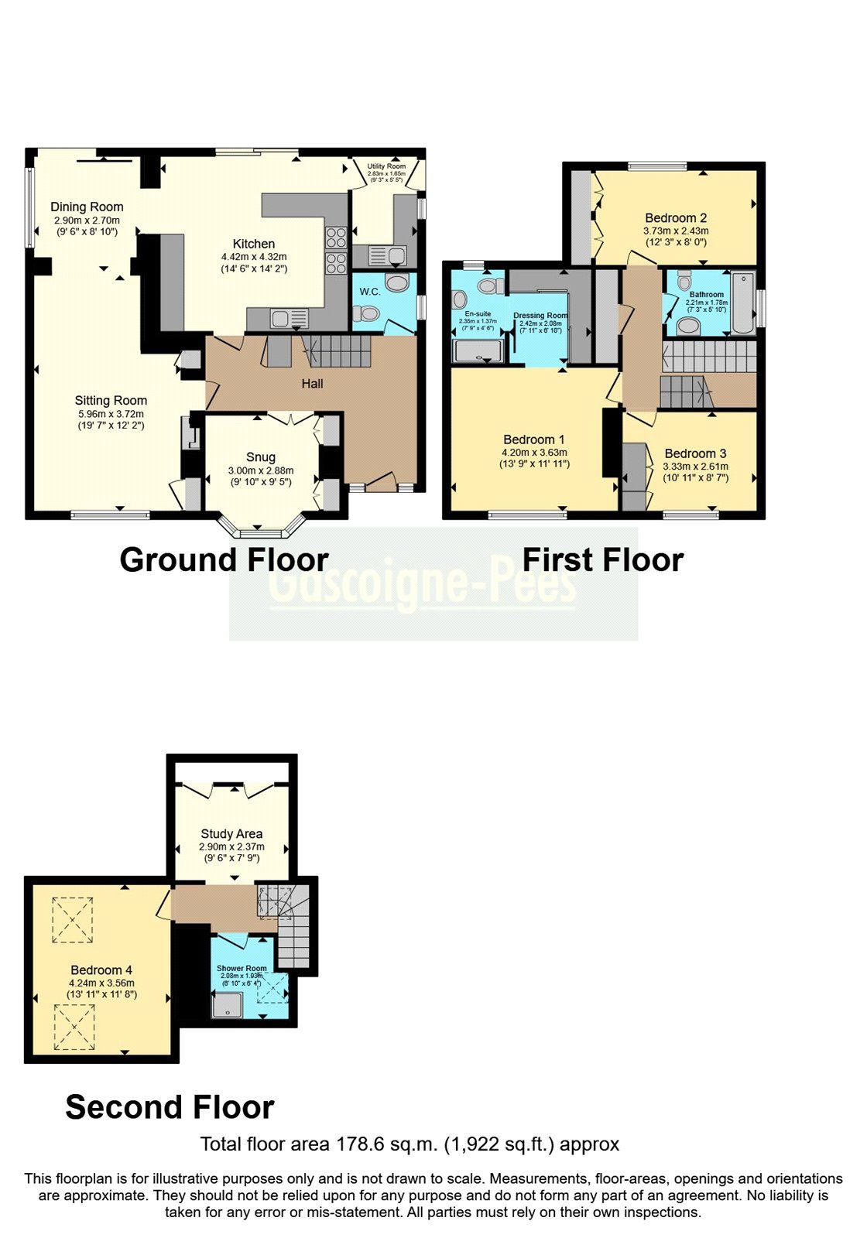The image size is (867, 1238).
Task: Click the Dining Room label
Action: coord(87,207)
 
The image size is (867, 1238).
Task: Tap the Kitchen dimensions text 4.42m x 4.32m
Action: coord(254,257)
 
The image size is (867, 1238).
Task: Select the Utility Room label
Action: coord(386,166)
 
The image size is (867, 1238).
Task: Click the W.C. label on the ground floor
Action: coord(369,292)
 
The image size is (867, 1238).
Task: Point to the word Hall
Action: coord(312,384)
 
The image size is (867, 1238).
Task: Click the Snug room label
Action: coord(261,457)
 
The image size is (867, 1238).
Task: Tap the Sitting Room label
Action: coord(111,401)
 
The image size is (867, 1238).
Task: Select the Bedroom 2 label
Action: coord(676,218)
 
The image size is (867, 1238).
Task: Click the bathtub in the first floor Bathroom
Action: coord(743,303)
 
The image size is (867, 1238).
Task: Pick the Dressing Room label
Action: coord(540,316)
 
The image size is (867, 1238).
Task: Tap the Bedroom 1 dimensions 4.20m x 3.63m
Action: coord(534,453)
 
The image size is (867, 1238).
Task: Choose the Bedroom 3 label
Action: coord(695,453)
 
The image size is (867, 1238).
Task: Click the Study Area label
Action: coord(231,834)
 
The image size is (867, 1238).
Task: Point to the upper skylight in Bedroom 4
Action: coord(73,920)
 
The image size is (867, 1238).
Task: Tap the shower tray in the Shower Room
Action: coord(227,1006)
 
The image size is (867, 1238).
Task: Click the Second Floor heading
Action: coord(170,1107)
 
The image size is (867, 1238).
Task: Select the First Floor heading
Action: coord(603,560)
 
